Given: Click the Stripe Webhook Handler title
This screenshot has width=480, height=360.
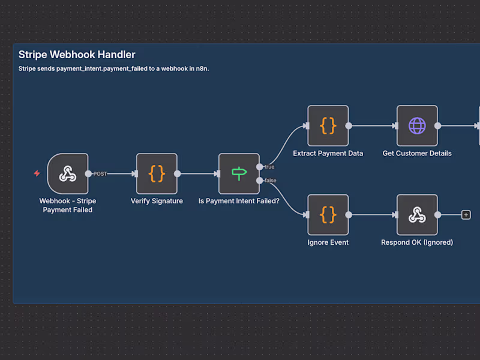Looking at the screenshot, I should [x=77, y=55].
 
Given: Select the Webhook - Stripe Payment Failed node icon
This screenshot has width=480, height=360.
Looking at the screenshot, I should [x=68, y=174].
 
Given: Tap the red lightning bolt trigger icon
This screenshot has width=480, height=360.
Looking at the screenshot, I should [x=37, y=173].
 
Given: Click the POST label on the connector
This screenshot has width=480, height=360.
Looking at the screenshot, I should [x=100, y=174].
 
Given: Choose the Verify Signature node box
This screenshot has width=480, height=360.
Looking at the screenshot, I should [x=157, y=174].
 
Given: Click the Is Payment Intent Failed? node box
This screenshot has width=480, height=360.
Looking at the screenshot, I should [x=239, y=174].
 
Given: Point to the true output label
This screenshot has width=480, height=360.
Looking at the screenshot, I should [x=269, y=167].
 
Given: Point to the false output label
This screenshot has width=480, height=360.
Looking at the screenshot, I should [x=270, y=181].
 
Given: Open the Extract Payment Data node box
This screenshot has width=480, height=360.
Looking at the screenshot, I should [x=328, y=126].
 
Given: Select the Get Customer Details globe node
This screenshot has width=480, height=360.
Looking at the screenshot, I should [x=417, y=126].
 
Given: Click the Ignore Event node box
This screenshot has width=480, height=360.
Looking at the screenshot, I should [x=328, y=215].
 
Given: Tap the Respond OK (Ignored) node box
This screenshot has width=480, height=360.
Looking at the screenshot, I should [x=417, y=215].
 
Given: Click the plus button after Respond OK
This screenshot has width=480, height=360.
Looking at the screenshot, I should [x=466, y=215].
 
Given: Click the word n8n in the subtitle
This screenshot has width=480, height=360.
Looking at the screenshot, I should [x=202, y=69].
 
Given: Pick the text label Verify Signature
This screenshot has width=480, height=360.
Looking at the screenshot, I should [x=157, y=201].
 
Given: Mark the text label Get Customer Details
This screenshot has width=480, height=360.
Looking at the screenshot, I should [x=417, y=153].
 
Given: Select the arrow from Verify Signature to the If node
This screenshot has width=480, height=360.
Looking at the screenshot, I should [x=198, y=174].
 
